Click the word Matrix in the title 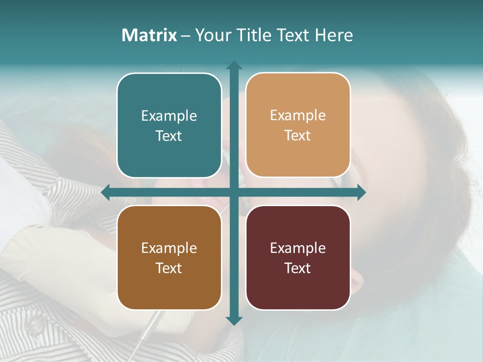(x=149, y=35)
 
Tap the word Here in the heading (x=334, y=35)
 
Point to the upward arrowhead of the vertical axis (x=233, y=65)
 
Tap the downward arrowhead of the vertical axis (x=233, y=320)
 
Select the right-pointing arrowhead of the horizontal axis (x=361, y=192)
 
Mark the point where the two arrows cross (x=233, y=192)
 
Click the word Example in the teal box (x=169, y=116)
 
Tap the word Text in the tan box (x=298, y=136)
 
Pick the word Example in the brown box (x=169, y=248)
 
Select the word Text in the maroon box (x=298, y=268)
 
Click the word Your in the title (x=210, y=35)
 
